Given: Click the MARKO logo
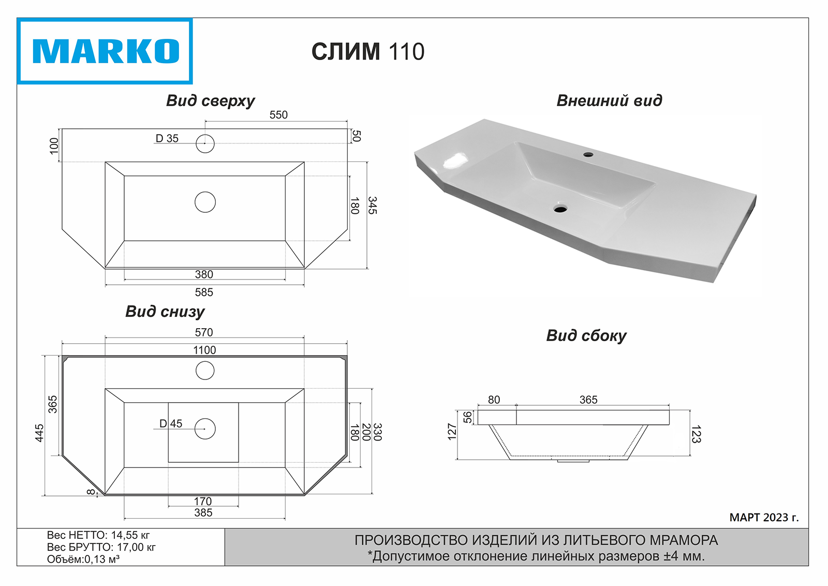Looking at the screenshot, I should coord(105,51).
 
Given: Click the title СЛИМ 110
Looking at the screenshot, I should coord(368,52).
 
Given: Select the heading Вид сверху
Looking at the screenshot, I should coord(210,100).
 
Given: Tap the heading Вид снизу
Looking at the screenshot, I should coord(165,312).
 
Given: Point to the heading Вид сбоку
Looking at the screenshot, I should coord(586,336).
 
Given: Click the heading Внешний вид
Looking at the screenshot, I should coord(609,100).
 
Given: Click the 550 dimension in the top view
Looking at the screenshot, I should coord(278,115).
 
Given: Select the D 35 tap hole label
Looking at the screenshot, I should coord(167,139).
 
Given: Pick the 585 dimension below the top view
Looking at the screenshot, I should coord(204,292).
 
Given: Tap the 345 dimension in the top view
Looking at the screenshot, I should coord(373,206).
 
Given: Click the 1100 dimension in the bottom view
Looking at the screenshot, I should coord(204,350).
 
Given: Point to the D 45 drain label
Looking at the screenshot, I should coord(171,424).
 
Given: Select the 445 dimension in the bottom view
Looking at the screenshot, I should coord(39,433).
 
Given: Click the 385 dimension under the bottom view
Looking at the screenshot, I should coord(203,513).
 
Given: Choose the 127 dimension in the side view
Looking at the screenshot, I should coord(452,432).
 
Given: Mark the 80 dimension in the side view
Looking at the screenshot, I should coord(494,400).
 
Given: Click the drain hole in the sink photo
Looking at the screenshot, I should coord(560,209).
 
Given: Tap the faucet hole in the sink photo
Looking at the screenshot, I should coord(588,154).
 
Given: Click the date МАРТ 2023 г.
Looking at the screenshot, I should coord(764,517).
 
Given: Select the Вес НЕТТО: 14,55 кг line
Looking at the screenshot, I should coord(98,535).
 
